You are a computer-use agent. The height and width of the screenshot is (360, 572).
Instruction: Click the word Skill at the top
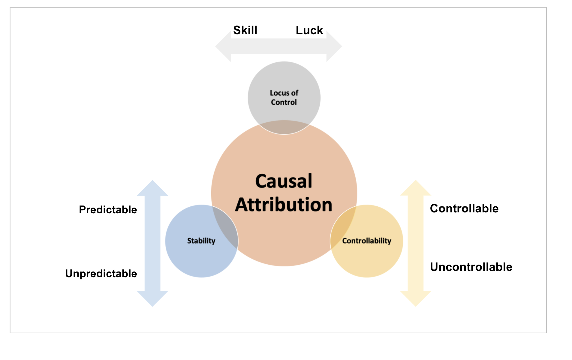pos(245,30)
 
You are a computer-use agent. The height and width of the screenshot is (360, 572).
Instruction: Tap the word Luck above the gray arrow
pos(309,30)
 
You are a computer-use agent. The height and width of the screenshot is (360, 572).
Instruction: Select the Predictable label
pos(108,210)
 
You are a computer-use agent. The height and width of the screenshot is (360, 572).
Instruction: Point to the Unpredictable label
pos(101,274)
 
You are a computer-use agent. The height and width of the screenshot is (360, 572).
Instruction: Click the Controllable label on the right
pos(464,208)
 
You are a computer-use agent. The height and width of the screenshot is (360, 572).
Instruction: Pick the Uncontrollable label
pos(471,267)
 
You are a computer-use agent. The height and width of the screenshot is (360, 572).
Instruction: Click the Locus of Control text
pos(284,97)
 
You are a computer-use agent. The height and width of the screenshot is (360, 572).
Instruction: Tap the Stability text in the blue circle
pos(201,241)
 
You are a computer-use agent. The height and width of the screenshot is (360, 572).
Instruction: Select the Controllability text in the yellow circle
pos(366,241)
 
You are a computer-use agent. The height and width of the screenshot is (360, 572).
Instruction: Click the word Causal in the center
pos(284,181)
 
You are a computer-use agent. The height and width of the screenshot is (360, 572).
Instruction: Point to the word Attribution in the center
pos(284,205)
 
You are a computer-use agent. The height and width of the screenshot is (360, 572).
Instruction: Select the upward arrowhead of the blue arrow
pos(152,189)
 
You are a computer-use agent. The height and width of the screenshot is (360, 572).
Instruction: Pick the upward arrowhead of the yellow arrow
pos(416,189)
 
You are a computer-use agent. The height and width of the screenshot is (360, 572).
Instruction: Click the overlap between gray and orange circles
pos(284,127)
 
